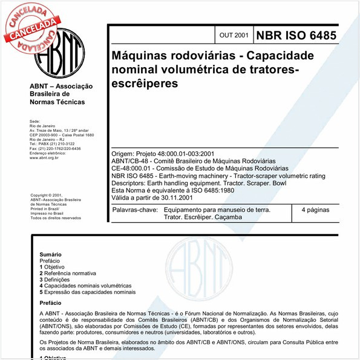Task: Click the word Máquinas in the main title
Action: tap(140, 55)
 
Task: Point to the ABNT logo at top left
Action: tap(59, 54)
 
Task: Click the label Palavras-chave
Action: tap(132, 210)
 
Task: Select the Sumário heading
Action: tap(50, 255)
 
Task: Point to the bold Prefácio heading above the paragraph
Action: tap(50, 303)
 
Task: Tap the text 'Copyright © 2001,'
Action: tap(47, 195)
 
